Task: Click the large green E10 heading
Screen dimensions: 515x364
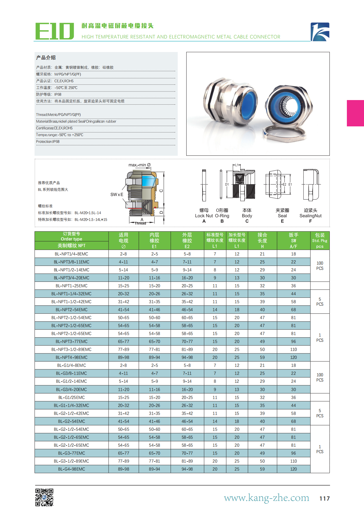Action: point(54,31)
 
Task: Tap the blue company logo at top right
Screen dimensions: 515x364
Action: point(320,32)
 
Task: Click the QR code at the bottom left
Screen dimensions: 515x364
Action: point(44,497)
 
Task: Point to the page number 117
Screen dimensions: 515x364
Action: point(324,498)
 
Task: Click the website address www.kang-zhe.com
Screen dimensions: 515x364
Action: point(266,498)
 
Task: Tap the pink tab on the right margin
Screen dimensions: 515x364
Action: point(355,113)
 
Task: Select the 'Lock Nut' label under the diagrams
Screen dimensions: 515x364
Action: point(204,216)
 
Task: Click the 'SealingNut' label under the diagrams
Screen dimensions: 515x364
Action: point(310,216)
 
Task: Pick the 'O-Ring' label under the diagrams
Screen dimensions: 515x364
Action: point(222,216)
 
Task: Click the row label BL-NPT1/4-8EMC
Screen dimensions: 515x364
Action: point(71,254)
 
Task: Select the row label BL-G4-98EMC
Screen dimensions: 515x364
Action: point(71,469)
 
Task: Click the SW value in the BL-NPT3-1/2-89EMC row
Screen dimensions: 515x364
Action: point(293,349)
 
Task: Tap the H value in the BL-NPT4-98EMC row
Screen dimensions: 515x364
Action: point(262,357)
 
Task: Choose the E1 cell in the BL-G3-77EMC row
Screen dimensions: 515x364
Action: point(154,453)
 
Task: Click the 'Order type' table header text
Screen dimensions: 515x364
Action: point(71,239)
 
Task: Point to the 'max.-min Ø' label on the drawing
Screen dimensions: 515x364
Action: point(139,165)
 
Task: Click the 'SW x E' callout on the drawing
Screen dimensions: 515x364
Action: point(117,195)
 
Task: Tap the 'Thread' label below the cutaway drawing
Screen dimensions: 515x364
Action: point(140,223)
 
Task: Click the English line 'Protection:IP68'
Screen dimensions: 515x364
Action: point(48,142)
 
